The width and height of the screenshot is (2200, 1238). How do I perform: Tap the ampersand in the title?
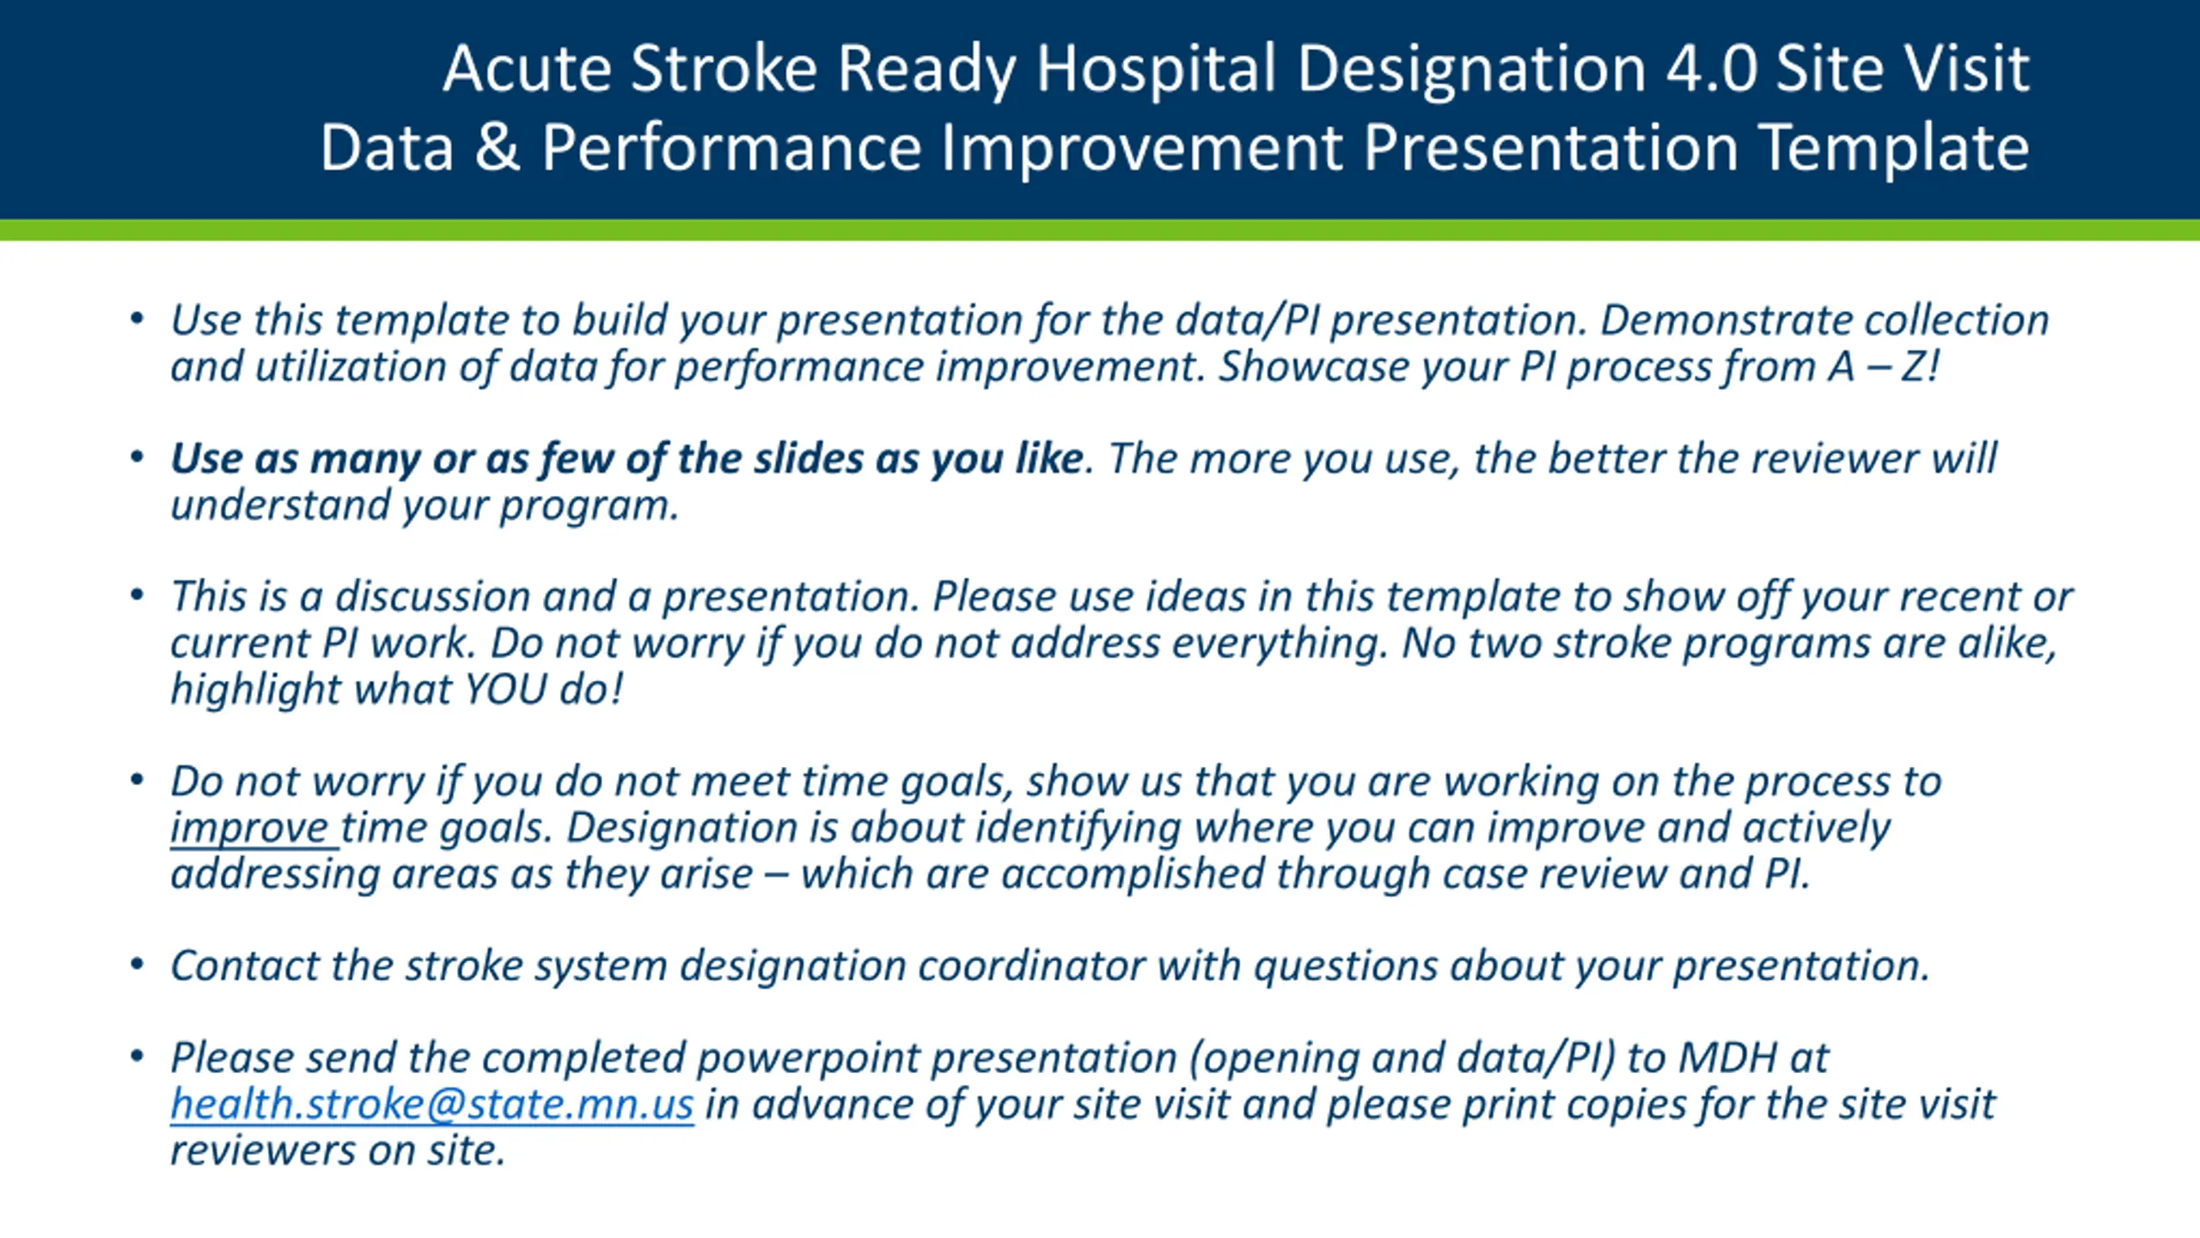498,147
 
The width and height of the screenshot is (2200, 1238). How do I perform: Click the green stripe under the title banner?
1100,230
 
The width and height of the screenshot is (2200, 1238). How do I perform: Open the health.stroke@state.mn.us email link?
431,1104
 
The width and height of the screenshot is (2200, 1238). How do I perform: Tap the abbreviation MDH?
1726,1057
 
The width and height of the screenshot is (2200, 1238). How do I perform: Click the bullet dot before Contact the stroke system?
137,964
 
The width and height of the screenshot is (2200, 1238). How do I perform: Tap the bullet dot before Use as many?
137,457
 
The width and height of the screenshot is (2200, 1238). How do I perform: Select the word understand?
279,505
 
